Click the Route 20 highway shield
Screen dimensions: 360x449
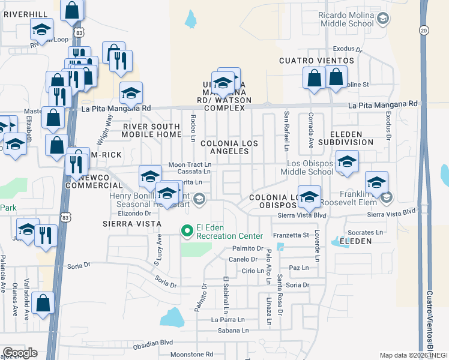coord(424,30)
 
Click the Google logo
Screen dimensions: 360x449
coord(20,353)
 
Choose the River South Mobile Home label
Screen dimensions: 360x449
coord(151,131)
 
